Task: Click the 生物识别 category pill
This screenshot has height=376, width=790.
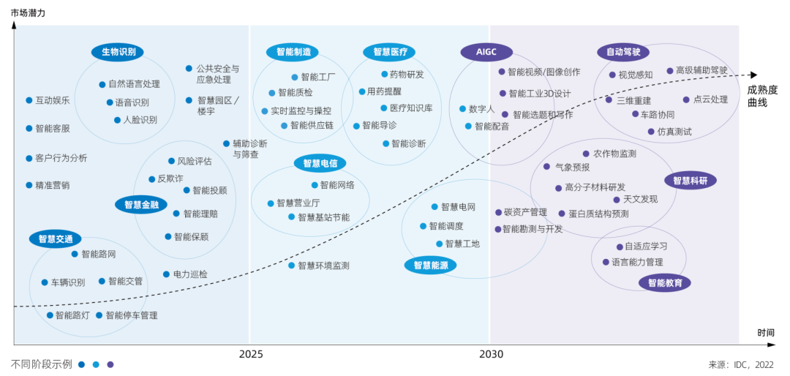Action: pyautogui.click(x=118, y=52)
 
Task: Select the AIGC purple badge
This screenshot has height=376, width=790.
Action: pyautogui.click(x=486, y=52)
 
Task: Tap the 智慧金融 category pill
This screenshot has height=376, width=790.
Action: pyautogui.click(x=141, y=205)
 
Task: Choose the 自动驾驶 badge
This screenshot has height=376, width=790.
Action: pyautogui.click(x=623, y=52)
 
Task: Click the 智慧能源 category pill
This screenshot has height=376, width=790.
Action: pyautogui.click(x=430, y=266)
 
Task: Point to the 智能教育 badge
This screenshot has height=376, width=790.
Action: pyautogui.click(x=664, y=282)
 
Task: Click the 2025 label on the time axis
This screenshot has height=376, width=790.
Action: pyautogui.click(x=251, y=354)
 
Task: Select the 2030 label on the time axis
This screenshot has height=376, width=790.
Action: pyautogui.click(x=492, y=354)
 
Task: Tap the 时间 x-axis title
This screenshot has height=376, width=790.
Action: pyautogui.click(x=766, y=333)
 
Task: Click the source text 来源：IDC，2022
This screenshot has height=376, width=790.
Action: pyautogui.click(x=741, y=364)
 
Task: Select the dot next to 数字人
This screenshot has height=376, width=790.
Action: pyautogui.click(x=462, y=109)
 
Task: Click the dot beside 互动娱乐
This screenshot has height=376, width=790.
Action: pyautogui.click(x=29, y=100)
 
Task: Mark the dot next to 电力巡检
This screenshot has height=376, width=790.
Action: pyautogui.click(x=166, y=274)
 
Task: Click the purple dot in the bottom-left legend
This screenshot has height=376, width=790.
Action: pyautogui.click(x=110, y=364)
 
